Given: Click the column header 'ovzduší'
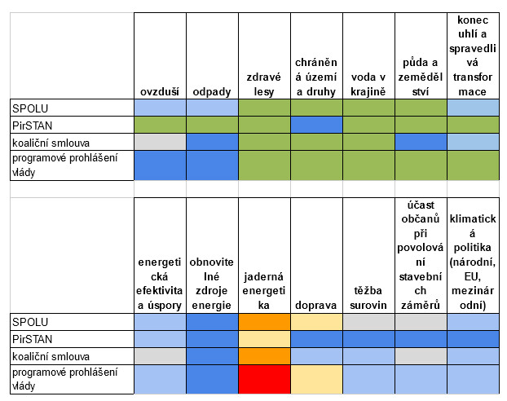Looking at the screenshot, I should coord(160,91).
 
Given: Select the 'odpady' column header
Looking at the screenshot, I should coord(212,91).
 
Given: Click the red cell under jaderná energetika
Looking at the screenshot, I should coord(264,379).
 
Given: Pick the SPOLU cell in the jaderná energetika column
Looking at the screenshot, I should coord(264,322).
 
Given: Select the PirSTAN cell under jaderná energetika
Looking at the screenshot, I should coord(264,338).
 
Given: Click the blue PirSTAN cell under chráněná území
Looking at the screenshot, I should coord(316,125).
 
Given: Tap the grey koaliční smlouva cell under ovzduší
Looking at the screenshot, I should coord(160,142).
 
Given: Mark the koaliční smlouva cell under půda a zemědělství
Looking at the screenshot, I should coord(421,142).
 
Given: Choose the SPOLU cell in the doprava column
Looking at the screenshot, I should coord(316,322).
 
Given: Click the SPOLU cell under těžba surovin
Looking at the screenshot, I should coord(368,322).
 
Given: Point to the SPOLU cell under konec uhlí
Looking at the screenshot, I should coord(473,108).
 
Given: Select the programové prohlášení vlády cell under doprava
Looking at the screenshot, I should coord(316,379).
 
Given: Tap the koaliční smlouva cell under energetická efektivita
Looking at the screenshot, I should coord(160,355).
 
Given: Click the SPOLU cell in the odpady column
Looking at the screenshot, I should coord(212,108).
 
